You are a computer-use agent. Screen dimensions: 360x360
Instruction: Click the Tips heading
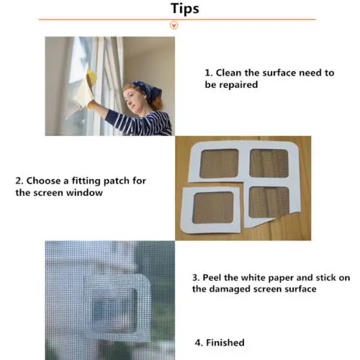coord(185,9)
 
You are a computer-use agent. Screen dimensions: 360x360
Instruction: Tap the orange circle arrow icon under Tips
coord(174,25)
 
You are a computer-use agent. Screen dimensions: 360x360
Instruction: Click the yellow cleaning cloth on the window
coord(91,81)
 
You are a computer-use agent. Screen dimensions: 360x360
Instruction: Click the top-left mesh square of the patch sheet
coord(219,163)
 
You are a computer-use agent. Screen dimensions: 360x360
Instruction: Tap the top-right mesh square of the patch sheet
coord(269,163)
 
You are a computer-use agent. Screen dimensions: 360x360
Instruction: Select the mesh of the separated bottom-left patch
coord(213,207)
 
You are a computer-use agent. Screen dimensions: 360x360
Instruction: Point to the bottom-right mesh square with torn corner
coord(269,202)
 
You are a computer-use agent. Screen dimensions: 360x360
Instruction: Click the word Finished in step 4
coord(225,343)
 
